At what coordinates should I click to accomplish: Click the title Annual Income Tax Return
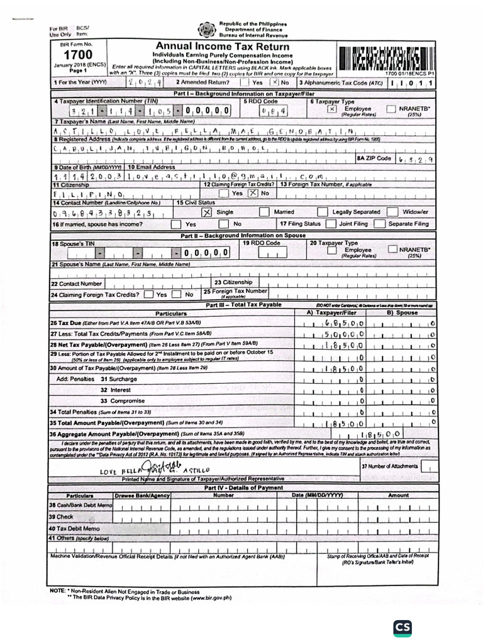[223, 47]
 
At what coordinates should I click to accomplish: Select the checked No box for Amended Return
[274, 82]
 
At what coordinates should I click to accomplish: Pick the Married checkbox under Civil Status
[260, 213]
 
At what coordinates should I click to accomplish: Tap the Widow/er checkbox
[393, 213]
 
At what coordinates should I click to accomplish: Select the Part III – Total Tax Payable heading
[244, 305]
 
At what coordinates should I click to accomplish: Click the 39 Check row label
[62, 516]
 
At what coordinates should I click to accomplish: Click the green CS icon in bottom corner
[402, 628]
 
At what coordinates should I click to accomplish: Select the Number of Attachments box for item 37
[429, 467]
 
